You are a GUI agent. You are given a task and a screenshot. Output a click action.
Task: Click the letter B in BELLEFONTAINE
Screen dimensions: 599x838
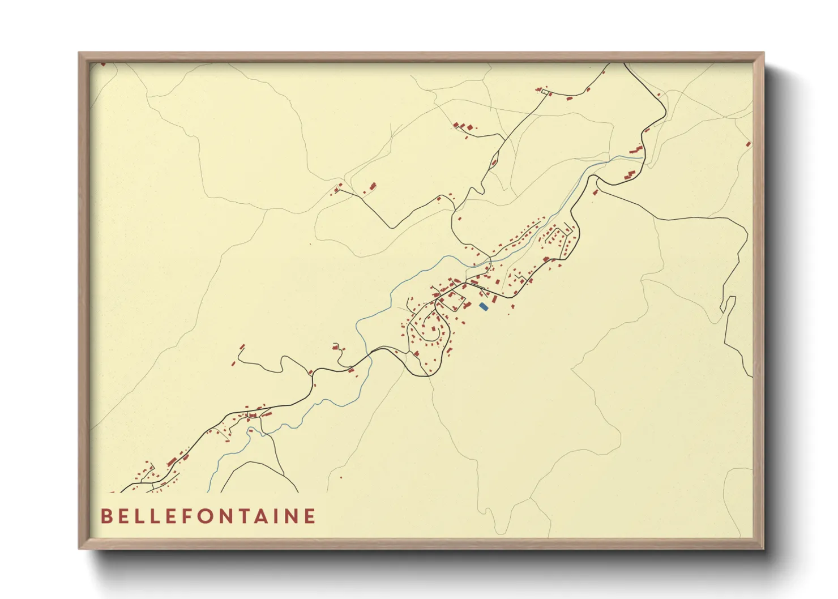106,516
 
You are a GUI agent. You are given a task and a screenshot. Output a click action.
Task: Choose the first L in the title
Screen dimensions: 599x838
140,516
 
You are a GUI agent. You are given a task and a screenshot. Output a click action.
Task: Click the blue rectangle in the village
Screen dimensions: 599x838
483,306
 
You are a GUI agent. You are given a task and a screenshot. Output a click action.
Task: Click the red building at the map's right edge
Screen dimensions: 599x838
749,144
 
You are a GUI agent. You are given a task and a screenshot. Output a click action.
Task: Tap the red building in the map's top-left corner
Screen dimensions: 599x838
103,64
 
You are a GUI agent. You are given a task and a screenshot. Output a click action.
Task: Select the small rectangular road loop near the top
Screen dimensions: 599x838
545,91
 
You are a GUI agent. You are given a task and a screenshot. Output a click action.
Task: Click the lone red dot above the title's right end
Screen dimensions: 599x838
341,477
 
